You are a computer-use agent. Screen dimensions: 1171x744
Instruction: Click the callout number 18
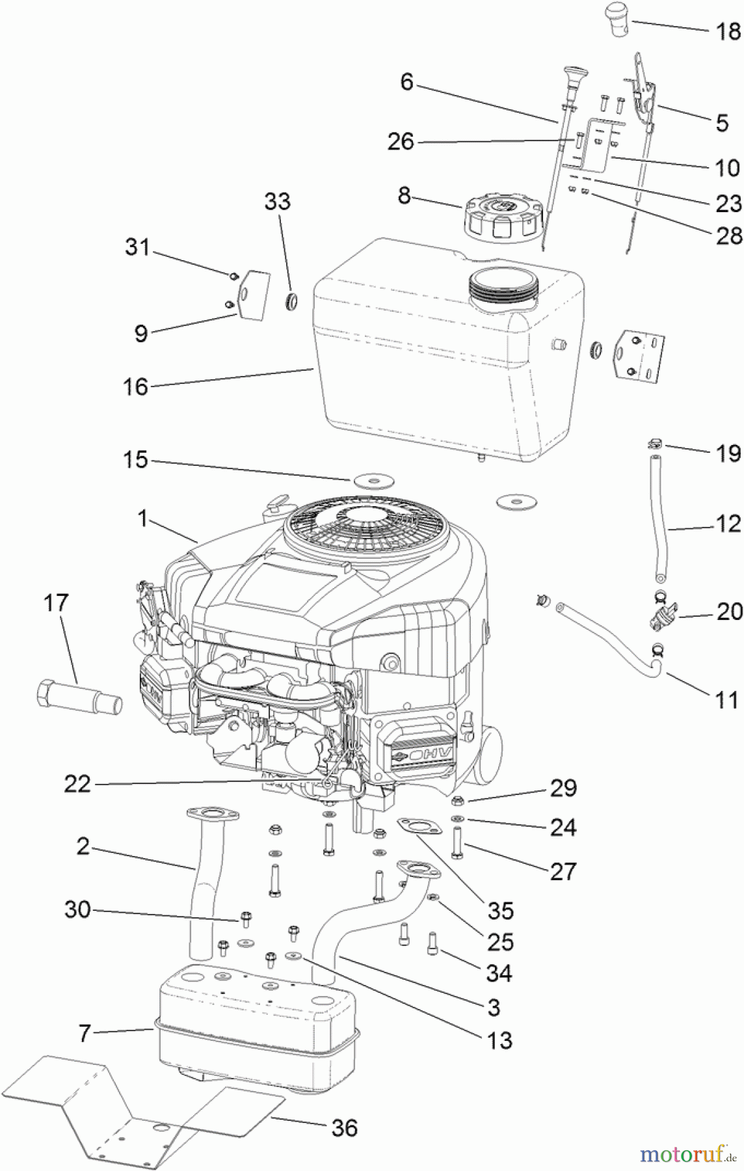click(728, 31)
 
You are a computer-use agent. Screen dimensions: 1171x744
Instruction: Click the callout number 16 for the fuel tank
click(135, 387)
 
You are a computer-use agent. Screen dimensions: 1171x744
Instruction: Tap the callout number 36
click(344, 1127)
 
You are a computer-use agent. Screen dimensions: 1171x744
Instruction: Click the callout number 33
click(277, 201)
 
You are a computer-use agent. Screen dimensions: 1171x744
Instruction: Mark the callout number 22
click(77, 785)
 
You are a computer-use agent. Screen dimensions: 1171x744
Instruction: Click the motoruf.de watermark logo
click(683, 1154)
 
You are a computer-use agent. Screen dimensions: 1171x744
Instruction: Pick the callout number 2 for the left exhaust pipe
click(83, 846)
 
